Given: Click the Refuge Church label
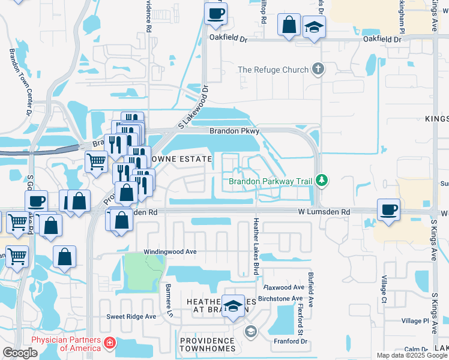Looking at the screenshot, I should coord(273,70).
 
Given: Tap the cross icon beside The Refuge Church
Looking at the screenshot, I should coord(318,70).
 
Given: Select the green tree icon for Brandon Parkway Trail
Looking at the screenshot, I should coord(322,180).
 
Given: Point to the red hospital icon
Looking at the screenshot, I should coord(110,344).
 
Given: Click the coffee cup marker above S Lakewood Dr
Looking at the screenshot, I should coord(215,13).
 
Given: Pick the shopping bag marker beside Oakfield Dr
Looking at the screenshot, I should coord(289,26).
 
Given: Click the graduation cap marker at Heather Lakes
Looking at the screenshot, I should coord(233,307).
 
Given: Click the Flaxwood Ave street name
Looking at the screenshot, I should coord(288,287).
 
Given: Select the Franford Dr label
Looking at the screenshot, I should coord(290,341).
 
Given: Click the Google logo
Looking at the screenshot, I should coord(20,353).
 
